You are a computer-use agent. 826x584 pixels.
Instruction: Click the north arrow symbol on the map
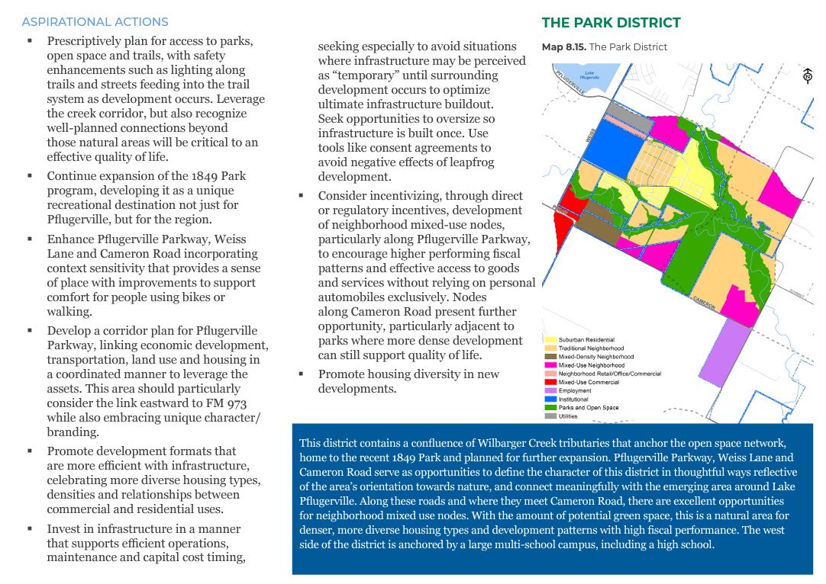[807, 75]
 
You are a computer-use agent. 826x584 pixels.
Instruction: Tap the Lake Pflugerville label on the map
[589, 75]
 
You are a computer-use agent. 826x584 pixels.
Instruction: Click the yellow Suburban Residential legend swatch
[549, 340]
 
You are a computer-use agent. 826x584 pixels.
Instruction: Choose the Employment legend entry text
[575, 391]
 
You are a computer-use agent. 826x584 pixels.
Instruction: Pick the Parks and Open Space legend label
[589, 408]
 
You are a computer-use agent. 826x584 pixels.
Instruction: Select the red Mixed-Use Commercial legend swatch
[549, 383]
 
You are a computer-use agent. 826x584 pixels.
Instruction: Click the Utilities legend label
[569, 416]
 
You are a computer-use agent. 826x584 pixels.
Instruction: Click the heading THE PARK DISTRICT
[611, 23]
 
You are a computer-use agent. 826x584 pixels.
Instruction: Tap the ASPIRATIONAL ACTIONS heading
[95, 22]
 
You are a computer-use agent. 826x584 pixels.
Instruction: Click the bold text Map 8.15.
[563, 47]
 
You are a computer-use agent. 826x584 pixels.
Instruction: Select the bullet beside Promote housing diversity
[301, 374]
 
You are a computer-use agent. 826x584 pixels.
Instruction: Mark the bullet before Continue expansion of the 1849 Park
[30, 176]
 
